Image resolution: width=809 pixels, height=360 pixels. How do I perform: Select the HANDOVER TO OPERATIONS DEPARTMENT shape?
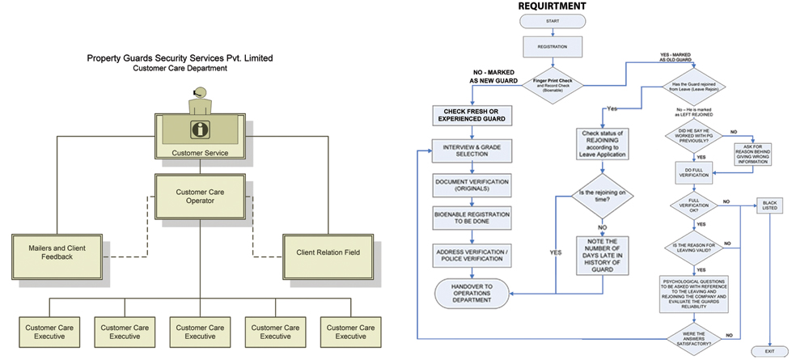tap(472, 293)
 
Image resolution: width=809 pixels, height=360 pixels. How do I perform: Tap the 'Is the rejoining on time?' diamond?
tap(602, 197)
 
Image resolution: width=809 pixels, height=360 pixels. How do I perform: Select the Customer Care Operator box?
tap(200, 197)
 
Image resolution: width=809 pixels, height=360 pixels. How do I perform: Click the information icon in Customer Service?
tap(199, 129)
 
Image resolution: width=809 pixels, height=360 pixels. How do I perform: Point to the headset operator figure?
tap(199, 101)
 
